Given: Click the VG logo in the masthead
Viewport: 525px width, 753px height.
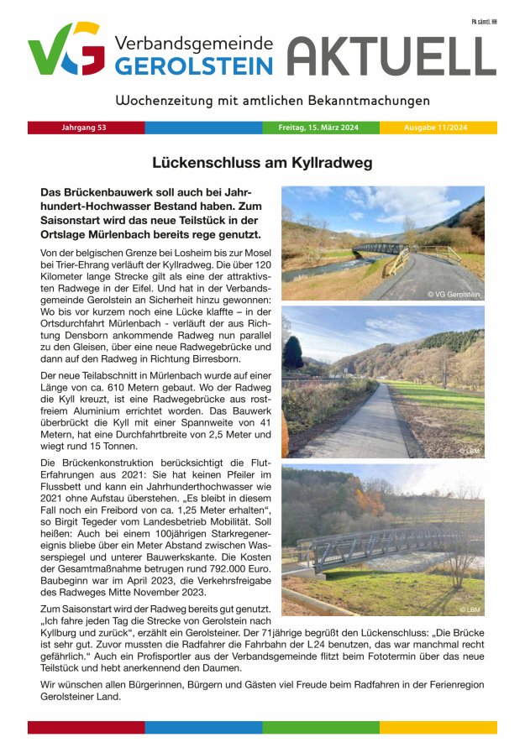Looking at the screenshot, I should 66,50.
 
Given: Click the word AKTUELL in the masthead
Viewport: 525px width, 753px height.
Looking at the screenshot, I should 392,57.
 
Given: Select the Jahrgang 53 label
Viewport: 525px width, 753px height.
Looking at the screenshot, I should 84,128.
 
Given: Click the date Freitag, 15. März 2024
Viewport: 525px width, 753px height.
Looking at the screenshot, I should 318,128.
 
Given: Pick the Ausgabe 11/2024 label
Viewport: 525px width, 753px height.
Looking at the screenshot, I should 436,128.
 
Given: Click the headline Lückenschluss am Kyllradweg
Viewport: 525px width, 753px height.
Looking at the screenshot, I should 262,163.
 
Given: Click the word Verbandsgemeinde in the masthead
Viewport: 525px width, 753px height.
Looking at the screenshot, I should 193,44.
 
